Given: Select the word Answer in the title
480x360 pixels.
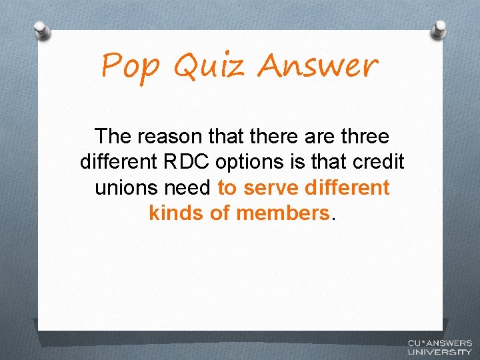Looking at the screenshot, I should tap(317, 66).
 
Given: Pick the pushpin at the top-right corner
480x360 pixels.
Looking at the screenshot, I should tap(440, 29).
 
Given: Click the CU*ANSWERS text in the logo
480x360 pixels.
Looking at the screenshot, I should tap(439, 343).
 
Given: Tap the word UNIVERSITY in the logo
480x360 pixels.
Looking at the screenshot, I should tap(439, 351).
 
